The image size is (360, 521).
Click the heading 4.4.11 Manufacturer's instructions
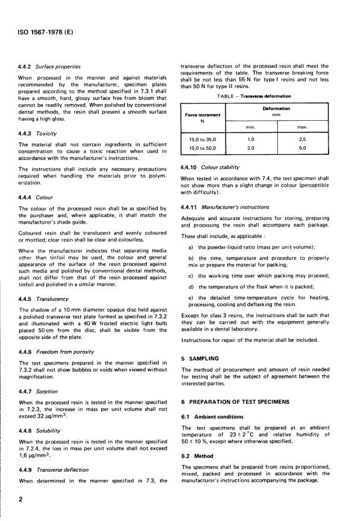tap(226, 208)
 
